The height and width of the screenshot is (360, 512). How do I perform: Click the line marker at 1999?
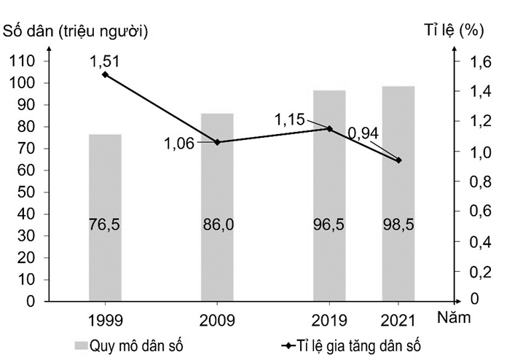click(105, 74)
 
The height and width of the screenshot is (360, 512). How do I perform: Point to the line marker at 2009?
click(217, 142)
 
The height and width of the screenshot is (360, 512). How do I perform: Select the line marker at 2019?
click(329, 128)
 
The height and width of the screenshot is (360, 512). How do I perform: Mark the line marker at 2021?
click(398, 160)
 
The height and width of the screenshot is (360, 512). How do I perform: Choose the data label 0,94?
click(363, 133)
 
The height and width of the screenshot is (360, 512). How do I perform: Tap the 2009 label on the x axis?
click(217, 318)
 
